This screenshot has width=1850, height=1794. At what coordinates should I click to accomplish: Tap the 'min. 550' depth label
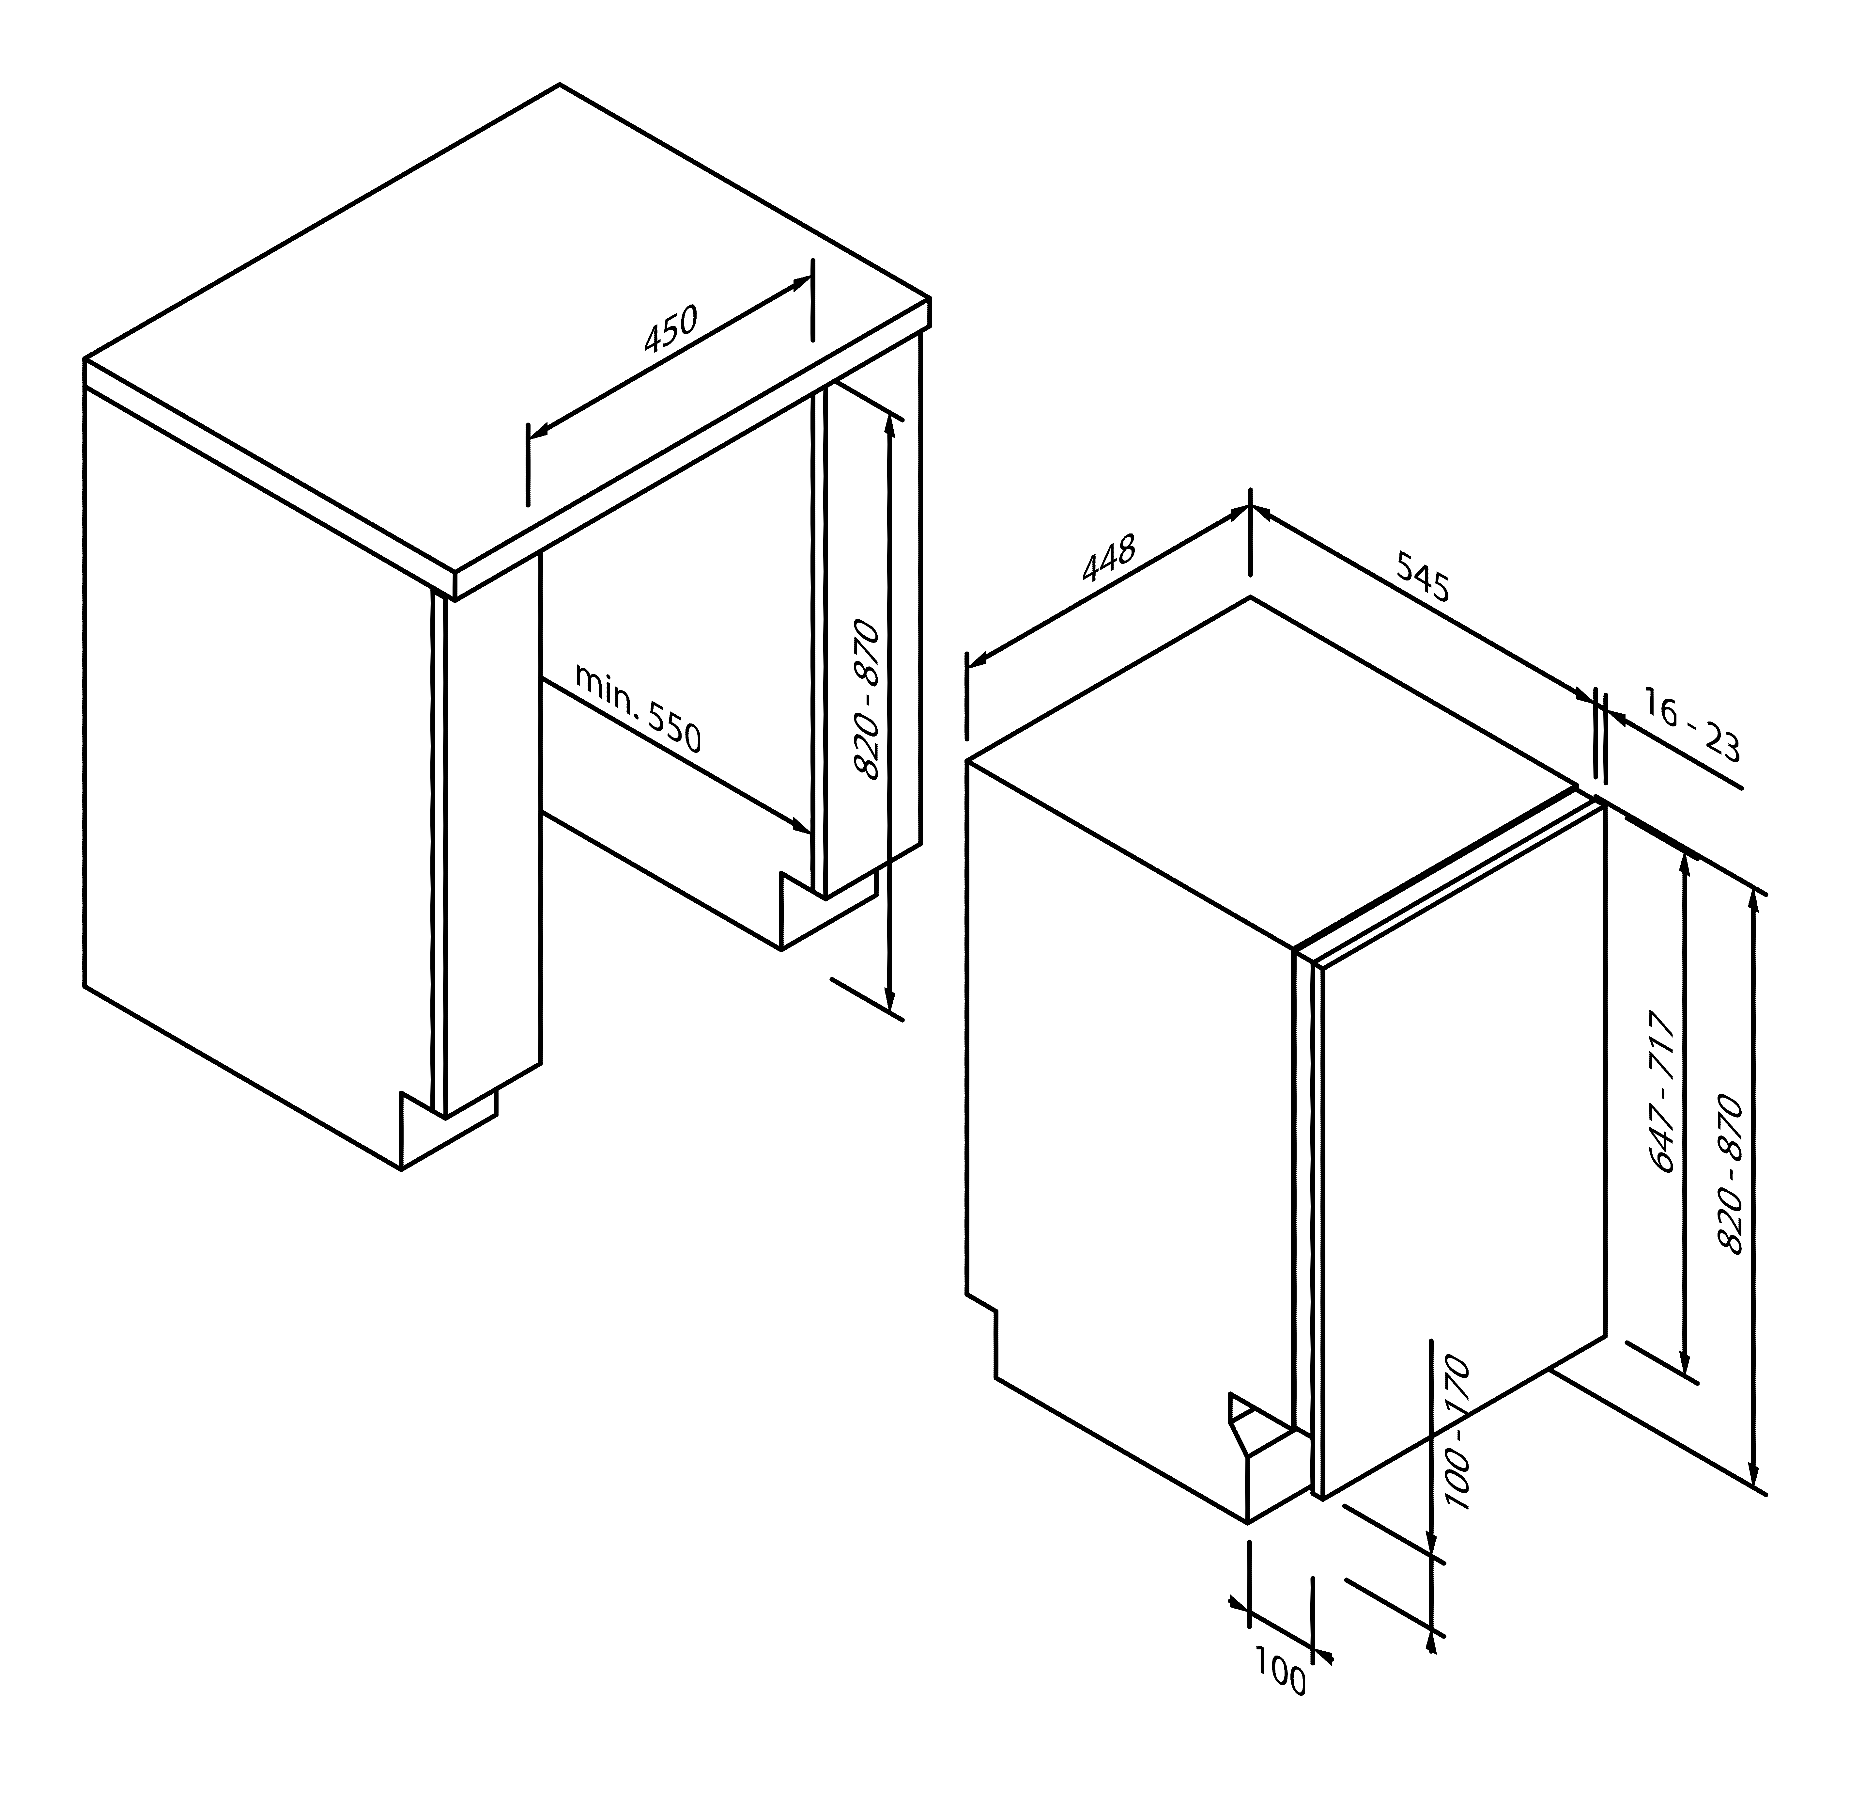(638, 708)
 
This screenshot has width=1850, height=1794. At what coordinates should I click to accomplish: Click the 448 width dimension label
(1109, 558)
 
